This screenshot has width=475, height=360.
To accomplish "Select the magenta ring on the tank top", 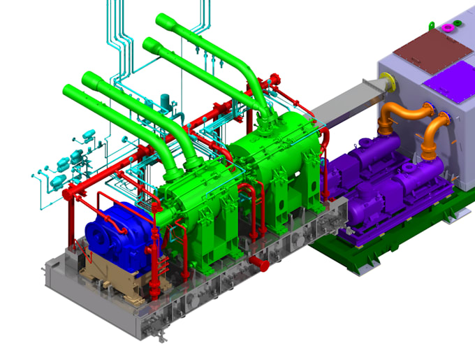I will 447,28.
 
